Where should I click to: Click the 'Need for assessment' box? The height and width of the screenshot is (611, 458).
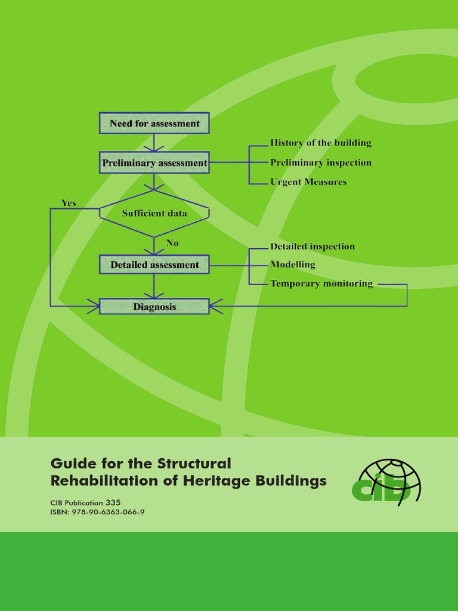point(154,124)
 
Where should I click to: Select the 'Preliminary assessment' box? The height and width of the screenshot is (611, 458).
point(154,162)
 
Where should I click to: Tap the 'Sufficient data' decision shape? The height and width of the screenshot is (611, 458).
point(154,213)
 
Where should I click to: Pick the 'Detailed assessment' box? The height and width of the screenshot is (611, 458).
point(154,264)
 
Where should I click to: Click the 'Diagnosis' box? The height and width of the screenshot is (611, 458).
point(154,307)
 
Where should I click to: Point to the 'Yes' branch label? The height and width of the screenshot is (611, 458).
point(69,203)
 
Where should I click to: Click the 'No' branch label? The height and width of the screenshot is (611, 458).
point(172,243)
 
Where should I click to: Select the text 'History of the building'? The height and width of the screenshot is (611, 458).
point(320,143)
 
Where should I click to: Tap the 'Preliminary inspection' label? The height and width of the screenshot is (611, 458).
point(320,162)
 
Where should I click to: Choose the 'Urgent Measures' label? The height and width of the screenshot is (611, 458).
point(308,181)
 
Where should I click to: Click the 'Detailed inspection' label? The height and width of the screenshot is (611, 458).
point(312,246)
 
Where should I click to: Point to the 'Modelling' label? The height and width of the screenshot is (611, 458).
point(292,264)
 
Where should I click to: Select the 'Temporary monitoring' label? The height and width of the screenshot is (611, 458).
point(321,283)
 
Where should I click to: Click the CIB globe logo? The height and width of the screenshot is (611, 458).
point(386,482)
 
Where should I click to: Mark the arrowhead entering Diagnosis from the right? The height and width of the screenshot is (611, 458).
point(214,306)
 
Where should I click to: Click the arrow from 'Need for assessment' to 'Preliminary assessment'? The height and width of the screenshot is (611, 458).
point(154,143)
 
